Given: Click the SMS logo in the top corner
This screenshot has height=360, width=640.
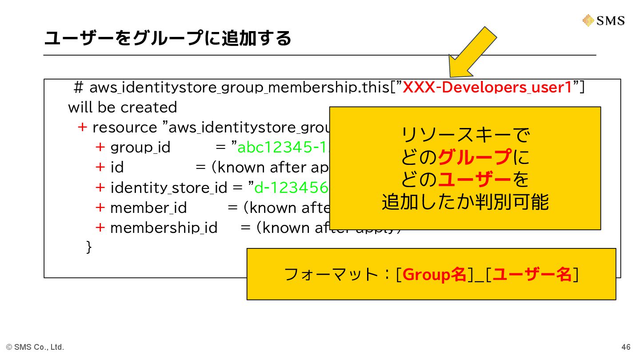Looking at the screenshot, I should click(603, 20).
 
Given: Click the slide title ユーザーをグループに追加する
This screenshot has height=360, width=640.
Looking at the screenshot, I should click(168, 38).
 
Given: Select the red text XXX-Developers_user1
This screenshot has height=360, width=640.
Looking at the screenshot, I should click(487, 88).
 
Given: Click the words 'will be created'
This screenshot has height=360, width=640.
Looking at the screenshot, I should click(122, 108).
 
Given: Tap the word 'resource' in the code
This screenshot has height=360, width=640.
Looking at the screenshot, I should click(124, 128).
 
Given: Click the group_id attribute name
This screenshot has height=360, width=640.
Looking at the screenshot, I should click(140, 147).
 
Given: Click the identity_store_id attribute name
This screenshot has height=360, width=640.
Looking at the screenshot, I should click(168, 188).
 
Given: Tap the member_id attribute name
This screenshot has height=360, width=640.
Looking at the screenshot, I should click(148, 208).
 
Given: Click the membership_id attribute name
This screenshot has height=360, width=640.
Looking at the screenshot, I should click(164, 228).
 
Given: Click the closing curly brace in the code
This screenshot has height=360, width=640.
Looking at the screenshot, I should click(89, 247).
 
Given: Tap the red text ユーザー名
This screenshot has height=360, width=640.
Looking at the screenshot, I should click(532, 274).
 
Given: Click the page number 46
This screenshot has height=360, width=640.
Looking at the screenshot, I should click(626, 347).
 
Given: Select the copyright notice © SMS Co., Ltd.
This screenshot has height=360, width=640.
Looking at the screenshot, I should click(35, 347).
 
